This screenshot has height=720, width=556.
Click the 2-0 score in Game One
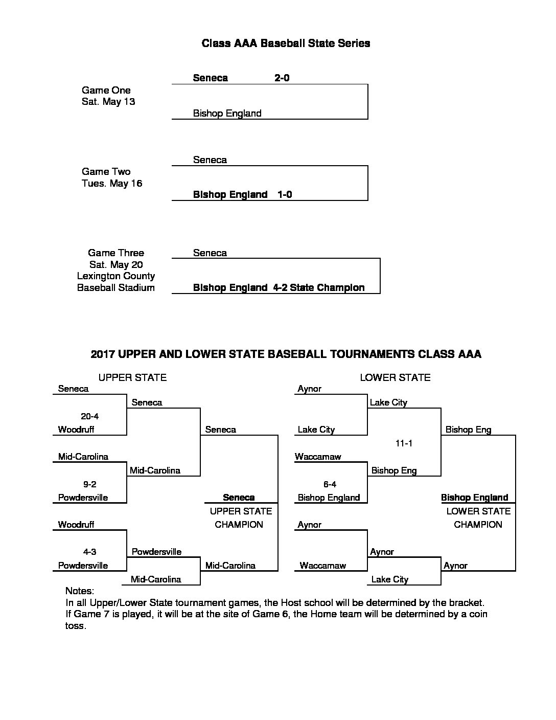pyautogui.click(x=282, y=78)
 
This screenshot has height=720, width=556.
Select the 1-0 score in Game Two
pyautogui.click(x=285, y=194)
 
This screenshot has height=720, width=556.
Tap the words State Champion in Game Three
pyautogui.click(x=327, y=287)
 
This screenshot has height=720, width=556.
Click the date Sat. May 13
pyautogui.click(x=108, y=101)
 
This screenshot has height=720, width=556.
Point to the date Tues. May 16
pyautogui.click(x=112, y=183)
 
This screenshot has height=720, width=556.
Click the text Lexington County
pyautogui.click(x=116, y=276)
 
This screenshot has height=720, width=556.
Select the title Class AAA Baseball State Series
pyautogui.click(x=286, y=43)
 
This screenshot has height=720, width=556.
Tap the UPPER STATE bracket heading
pyautogui.click(x=132, y=377)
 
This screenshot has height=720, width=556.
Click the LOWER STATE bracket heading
pyautogui.click(x=395, y=377)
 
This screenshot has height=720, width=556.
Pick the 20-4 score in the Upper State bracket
pyautogui.click(x=90, y=416)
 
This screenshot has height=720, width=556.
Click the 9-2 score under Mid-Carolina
pyautogui.click(x=90, y=484)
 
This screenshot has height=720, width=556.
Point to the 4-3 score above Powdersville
pyautogui.click(x=90, y=551)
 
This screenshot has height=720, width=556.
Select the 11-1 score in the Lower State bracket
pyautogui.click(x=404, y=443)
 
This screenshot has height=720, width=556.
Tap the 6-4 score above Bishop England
pyautogui.click(x=330, y=484)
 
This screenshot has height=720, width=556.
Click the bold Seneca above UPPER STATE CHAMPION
pyautogui.click(x=239, y=497)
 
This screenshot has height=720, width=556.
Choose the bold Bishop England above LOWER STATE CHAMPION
pyautogui.click(x=475, y=498)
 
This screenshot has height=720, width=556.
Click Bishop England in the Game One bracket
pyautogui.click(x=227, y=114)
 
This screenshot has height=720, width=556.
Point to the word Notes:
pyautogui.click(x=80, y=591)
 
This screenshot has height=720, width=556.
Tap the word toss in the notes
pyautogui.click(x=76, y=626)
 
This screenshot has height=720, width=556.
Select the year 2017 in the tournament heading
pyautogui.click(x=103, y=354)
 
